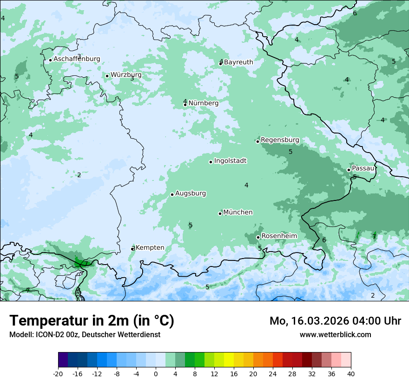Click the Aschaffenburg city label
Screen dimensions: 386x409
click(77, 59)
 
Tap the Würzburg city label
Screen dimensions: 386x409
click(126, 75)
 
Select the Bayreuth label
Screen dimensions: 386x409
click(238, 62)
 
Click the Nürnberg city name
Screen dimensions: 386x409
click(203, 103)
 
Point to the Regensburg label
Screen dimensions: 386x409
click(280, 140)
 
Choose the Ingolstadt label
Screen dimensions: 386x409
click(230, 161)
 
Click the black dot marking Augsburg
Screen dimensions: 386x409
click(172, 194)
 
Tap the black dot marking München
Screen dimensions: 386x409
click(220, 213)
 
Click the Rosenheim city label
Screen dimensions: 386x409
click(279, 236)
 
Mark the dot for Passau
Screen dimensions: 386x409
click(349, 170)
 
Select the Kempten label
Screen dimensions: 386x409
click(150, 248)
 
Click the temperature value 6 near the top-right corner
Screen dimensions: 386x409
click(355, 13)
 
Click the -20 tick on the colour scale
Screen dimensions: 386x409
click(58, 373)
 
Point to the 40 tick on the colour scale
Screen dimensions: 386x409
click(350, 373)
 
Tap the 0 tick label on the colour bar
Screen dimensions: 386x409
click(156, 373)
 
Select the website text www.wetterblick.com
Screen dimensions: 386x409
click(335, 334)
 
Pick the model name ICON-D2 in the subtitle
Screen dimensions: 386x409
click(50, 334)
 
